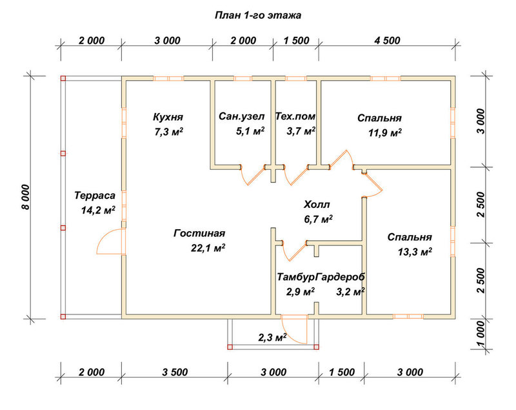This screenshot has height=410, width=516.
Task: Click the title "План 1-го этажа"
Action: pos(258,15)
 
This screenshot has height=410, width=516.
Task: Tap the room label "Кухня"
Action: pos(168,117)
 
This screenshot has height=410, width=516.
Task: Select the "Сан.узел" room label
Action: pos(241,117)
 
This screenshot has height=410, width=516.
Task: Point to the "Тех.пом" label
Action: pos(295,116)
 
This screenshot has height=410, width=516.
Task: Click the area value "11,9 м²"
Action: pos(384,133)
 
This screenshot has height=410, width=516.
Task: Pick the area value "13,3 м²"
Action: pos(415,252)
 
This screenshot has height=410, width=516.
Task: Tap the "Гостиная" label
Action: pos(199,233)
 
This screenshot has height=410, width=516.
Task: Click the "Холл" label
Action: pos(317,205)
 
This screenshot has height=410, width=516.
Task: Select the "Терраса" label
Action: pos(95,196)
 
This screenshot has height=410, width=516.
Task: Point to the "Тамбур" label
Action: pos(295,277)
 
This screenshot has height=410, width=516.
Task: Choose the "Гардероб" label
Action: pos(340,277)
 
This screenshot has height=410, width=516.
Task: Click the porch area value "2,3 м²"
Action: pos(272,337)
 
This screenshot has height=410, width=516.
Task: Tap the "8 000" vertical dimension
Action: pos(26,196)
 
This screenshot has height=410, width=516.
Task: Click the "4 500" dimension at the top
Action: pos(387,41)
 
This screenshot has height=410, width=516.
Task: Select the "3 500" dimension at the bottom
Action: pos(175,373)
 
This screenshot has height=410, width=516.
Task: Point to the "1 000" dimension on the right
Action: pos(481,334)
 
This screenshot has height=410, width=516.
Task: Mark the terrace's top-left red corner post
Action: pos(63,78)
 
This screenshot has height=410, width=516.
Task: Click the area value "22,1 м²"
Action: pos(208,248)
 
